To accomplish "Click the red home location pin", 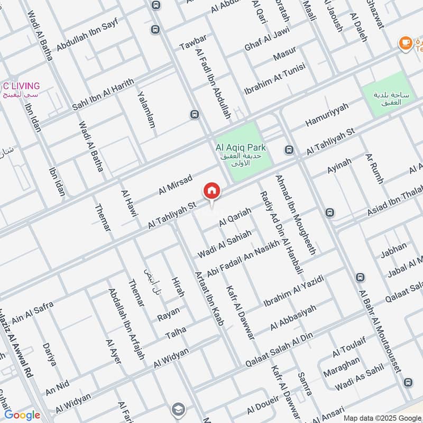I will coord(211,191).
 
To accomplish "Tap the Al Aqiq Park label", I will coord(241,149).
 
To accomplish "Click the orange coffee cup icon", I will coord(406,43).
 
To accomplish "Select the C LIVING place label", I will coord(21,86).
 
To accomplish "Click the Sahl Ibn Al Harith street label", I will coord(104,95).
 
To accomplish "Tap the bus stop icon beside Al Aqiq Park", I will coord(289,150).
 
